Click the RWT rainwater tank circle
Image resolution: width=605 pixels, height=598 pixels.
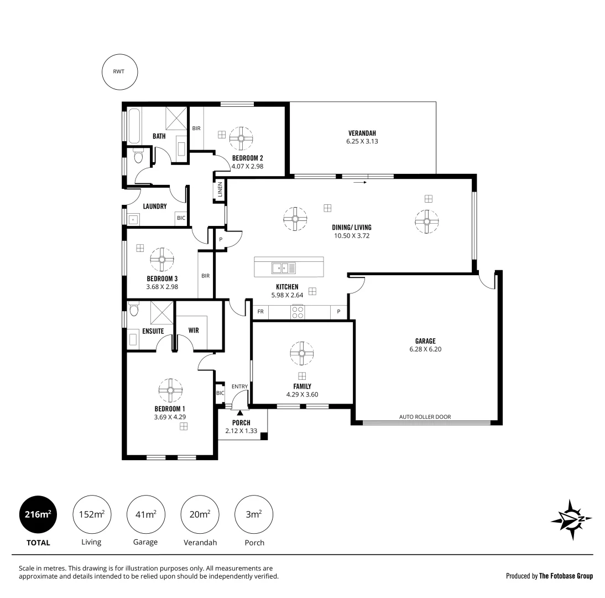click(119, 71)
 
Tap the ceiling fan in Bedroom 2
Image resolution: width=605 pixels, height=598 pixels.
click(241, 138)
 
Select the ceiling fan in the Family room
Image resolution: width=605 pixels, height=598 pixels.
click(302, 353)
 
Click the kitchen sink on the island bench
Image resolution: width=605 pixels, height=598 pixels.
click(283, 269)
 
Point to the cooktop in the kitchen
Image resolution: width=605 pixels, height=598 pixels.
click(298, 312)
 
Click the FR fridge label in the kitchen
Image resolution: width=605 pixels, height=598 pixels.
click(260, 312)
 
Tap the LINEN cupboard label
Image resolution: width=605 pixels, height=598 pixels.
click(220, 190)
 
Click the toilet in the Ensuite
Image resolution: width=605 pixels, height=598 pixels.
click(134, 308)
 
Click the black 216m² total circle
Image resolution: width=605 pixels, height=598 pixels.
click(38, 514)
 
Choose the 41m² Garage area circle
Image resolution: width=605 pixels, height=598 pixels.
click(145, 514)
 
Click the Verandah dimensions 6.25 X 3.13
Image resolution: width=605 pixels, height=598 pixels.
click(362, 141)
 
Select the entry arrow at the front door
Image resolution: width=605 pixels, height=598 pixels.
click(240, 413)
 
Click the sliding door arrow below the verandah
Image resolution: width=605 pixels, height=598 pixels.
click(360, 181)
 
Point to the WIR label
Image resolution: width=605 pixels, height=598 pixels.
click(194, 330)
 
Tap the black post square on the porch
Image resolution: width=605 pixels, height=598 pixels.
click(264, 436)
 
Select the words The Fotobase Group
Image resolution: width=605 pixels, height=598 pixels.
click(565, 576)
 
